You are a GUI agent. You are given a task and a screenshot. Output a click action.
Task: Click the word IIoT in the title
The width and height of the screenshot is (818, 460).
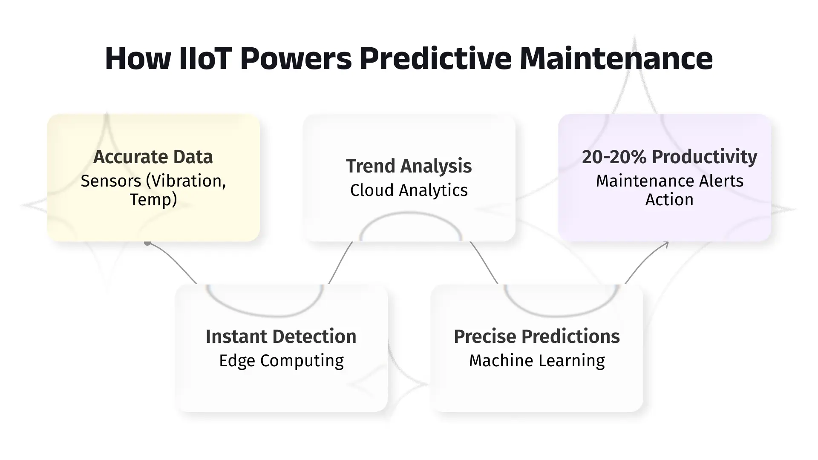[205, 58]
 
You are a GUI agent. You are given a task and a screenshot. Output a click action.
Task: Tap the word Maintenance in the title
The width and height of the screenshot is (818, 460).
[616, 58]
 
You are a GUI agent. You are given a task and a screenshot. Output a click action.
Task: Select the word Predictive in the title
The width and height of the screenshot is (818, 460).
[435, 58]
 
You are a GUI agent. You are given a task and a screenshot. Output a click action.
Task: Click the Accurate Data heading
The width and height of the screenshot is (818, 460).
[153, 157]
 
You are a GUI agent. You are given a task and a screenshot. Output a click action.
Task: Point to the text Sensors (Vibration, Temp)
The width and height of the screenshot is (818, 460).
[153, 190]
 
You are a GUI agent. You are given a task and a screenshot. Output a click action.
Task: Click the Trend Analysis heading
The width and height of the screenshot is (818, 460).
[409, 166]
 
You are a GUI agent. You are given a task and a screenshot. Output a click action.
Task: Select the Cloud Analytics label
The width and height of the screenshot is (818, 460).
[409, 190]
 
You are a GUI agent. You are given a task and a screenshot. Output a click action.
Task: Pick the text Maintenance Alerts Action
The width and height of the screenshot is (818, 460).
[670, 190]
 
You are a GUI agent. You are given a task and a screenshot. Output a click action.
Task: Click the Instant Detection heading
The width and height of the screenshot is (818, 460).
[281, 336]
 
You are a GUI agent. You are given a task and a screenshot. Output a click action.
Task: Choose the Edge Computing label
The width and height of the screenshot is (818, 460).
[281, 361]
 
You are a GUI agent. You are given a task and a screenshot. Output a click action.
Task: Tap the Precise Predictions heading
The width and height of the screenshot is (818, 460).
[537, 336]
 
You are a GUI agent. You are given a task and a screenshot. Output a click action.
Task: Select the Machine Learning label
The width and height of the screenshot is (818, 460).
[537, 361]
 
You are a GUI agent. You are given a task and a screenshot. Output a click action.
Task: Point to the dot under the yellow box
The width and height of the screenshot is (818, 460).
[147, 243]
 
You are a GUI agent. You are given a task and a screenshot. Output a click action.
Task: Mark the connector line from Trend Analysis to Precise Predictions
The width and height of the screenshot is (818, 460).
[484, 262]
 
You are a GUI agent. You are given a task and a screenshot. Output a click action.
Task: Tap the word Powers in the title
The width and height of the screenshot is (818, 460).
[296, 58]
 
